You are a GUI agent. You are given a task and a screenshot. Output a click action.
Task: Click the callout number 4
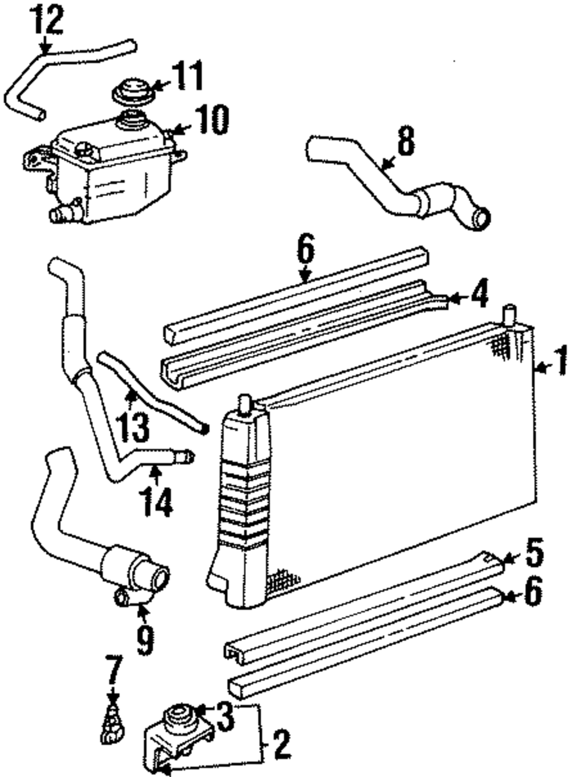[x=478, y=296]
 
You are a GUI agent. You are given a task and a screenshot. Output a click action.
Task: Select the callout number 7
[x=113, y=670]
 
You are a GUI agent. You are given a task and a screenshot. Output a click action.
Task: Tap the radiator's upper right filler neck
[x=509, y=314]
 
